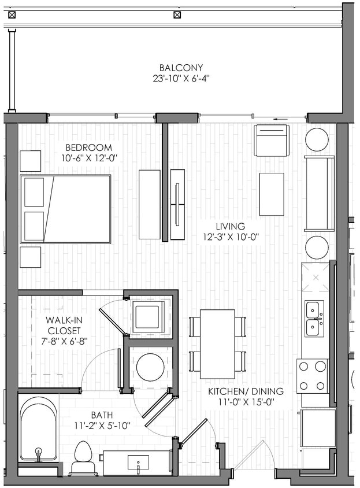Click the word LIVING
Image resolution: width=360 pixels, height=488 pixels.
[x=231, y=227]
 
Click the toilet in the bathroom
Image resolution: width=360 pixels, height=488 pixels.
[x=83, y=457]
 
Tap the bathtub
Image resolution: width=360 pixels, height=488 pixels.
[x=39, y=428]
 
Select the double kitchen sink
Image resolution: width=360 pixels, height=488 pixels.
[x=314, y=319]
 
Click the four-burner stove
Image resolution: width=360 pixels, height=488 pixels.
[x=312, y=376]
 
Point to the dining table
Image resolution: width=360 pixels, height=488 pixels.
[x=217, y=343]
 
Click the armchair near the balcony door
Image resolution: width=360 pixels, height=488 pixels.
[x=272, y=141]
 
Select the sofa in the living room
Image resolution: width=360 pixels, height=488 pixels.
[x=320, y=193]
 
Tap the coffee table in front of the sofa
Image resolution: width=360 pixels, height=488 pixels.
[x=271, y=194]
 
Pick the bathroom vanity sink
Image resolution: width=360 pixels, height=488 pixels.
[x=138, y=462]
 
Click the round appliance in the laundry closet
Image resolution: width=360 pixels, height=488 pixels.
[x=150, y=367]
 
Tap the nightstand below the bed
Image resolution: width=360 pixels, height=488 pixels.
[x=31, y=257]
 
